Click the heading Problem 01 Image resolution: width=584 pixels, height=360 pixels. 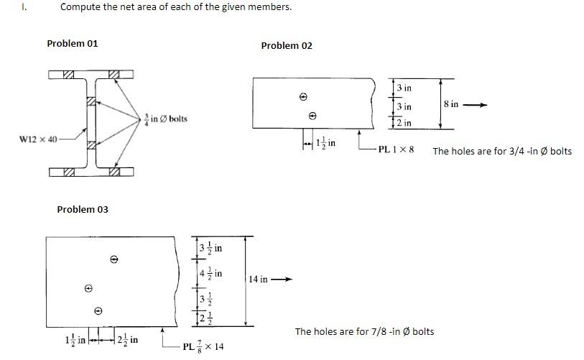[x=73, y=43]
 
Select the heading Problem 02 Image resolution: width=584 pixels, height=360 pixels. [x=287, y=45]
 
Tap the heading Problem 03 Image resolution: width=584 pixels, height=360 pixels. [x=83, y=209]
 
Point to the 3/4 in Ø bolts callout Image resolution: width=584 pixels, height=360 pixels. [x=166, y=118]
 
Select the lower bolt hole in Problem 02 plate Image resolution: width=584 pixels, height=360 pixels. [x=312, y=116]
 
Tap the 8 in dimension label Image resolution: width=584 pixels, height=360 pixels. [x=451, y=104]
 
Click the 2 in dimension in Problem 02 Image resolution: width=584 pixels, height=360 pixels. [x=404, y=123]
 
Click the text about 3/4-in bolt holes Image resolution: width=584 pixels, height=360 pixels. [x=502, y=151]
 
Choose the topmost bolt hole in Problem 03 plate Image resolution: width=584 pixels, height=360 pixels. [x=113, y=259]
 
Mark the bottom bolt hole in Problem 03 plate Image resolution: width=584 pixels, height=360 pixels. [x=98, y=311]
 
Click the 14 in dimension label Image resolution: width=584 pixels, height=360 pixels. [x=259, y=280]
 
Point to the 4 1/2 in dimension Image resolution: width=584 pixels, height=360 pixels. [x=210, y=274]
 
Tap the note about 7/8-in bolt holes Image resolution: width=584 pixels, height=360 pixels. [x=364, y=331]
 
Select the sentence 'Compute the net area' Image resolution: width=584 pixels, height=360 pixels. [x=176, y=7]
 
